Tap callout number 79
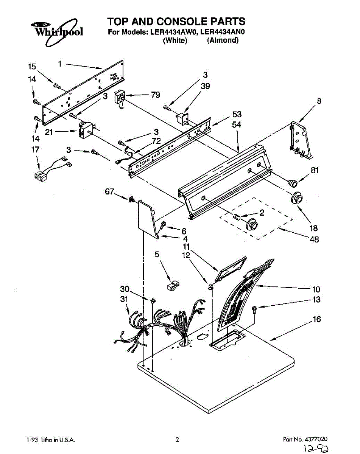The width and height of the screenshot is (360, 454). (156, 95)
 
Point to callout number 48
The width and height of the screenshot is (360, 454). (314, 239)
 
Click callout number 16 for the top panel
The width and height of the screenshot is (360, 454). (316, 320)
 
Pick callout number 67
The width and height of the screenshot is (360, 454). (109, 192)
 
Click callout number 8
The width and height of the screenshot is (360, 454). (319, 101)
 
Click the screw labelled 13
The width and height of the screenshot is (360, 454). (254, 309)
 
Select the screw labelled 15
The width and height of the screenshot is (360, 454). (57, 86)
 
